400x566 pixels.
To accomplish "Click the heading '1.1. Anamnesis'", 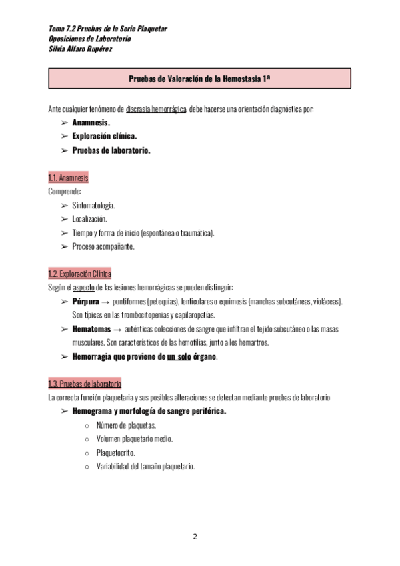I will (x=68, y=178).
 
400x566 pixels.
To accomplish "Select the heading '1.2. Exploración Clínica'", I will (x=79, y=274).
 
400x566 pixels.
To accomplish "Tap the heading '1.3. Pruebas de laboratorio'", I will (x=84, y=384).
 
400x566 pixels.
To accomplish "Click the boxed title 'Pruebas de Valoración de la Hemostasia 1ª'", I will (x=199, y=79).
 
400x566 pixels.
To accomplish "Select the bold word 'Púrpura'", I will (x=85, y=302).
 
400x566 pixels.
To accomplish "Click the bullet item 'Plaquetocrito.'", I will (x=117, y=453).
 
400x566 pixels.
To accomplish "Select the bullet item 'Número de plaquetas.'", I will (x=126, y=425).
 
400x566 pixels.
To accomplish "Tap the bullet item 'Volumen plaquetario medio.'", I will (x=135, y=439).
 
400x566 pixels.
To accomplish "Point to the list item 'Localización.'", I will (x=89, y=219).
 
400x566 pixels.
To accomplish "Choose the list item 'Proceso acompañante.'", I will (x=103, y=246).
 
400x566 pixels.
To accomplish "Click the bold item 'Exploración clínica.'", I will (x=105, y=136).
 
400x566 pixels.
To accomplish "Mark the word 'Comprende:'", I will (x=65, y=192).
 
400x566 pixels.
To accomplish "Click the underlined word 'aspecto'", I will (x=83, y=288).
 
